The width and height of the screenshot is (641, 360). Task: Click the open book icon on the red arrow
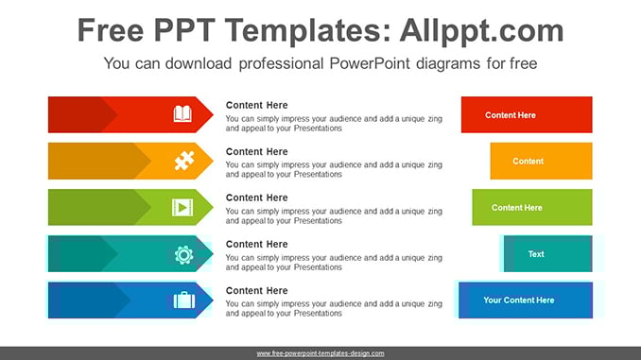tap(182, 114)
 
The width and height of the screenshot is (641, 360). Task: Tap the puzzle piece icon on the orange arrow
tap(184, 161)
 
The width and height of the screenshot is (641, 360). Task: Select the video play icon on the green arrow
tap(182, 207)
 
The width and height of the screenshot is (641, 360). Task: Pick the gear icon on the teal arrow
tap(183, 254)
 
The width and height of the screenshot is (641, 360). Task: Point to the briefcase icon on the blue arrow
tap(184, 300)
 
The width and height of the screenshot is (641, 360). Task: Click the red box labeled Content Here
tap(527, 115)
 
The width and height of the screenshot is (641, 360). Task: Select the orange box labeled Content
tap(541, 161)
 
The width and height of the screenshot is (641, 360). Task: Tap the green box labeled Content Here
tap(532, 207)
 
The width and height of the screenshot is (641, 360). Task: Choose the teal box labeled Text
tap(547, 254)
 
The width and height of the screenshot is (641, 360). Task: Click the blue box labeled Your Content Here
tap(526, 300)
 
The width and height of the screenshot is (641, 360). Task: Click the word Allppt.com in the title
tap(481, 31)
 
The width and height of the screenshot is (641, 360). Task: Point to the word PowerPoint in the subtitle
tap(370, 63)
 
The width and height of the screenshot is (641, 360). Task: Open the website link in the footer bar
tap(320, 353)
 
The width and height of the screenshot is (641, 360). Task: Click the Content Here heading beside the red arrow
tap(257, 105)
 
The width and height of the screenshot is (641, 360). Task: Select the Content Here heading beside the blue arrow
tap(257, 290)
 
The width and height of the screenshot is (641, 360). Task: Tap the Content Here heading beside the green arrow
tap(257, 197)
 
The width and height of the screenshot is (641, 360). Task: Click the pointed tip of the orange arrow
tap(213, 161)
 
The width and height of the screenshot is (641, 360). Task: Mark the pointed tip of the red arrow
tap(213, 115)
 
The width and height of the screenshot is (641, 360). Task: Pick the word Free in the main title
tap(111, 30)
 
